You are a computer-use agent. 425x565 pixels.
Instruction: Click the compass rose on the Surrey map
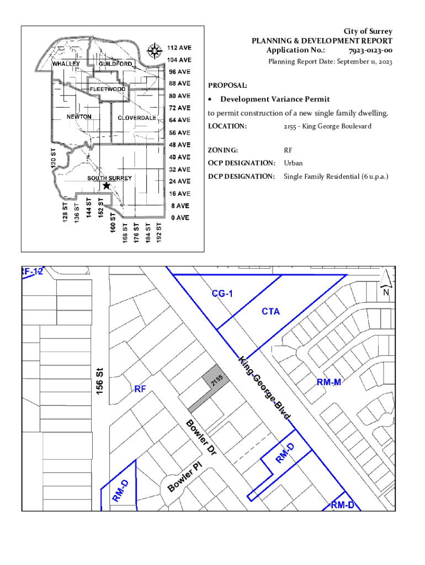[155, 51]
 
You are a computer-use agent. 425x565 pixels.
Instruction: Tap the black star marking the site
[107, 185]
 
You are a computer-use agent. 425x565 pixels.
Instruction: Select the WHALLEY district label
[66, 64]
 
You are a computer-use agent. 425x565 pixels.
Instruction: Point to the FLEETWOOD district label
[108, 89]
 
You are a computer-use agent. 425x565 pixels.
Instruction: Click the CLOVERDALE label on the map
[137, 118]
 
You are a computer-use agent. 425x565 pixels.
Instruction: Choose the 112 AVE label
[179, 47]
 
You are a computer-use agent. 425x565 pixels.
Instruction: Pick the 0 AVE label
[180, 217]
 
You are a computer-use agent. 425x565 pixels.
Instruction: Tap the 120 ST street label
[54, 158]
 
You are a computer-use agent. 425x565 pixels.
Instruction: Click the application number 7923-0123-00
[370, 50]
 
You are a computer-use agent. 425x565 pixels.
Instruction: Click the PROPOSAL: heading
[227, 86]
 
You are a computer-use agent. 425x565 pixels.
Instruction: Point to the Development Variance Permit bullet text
[275, 99]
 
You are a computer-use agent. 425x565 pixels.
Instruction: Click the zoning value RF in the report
[288, 150]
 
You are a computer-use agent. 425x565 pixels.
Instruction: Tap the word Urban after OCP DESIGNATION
[293, 163]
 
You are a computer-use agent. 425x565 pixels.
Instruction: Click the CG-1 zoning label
[222, 294]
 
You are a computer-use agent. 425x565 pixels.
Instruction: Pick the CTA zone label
[270, 311]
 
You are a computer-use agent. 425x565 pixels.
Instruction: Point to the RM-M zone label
[329, 382]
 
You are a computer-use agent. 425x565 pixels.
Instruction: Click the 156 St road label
[100, 381]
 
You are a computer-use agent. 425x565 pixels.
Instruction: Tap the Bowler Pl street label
[184, 477]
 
